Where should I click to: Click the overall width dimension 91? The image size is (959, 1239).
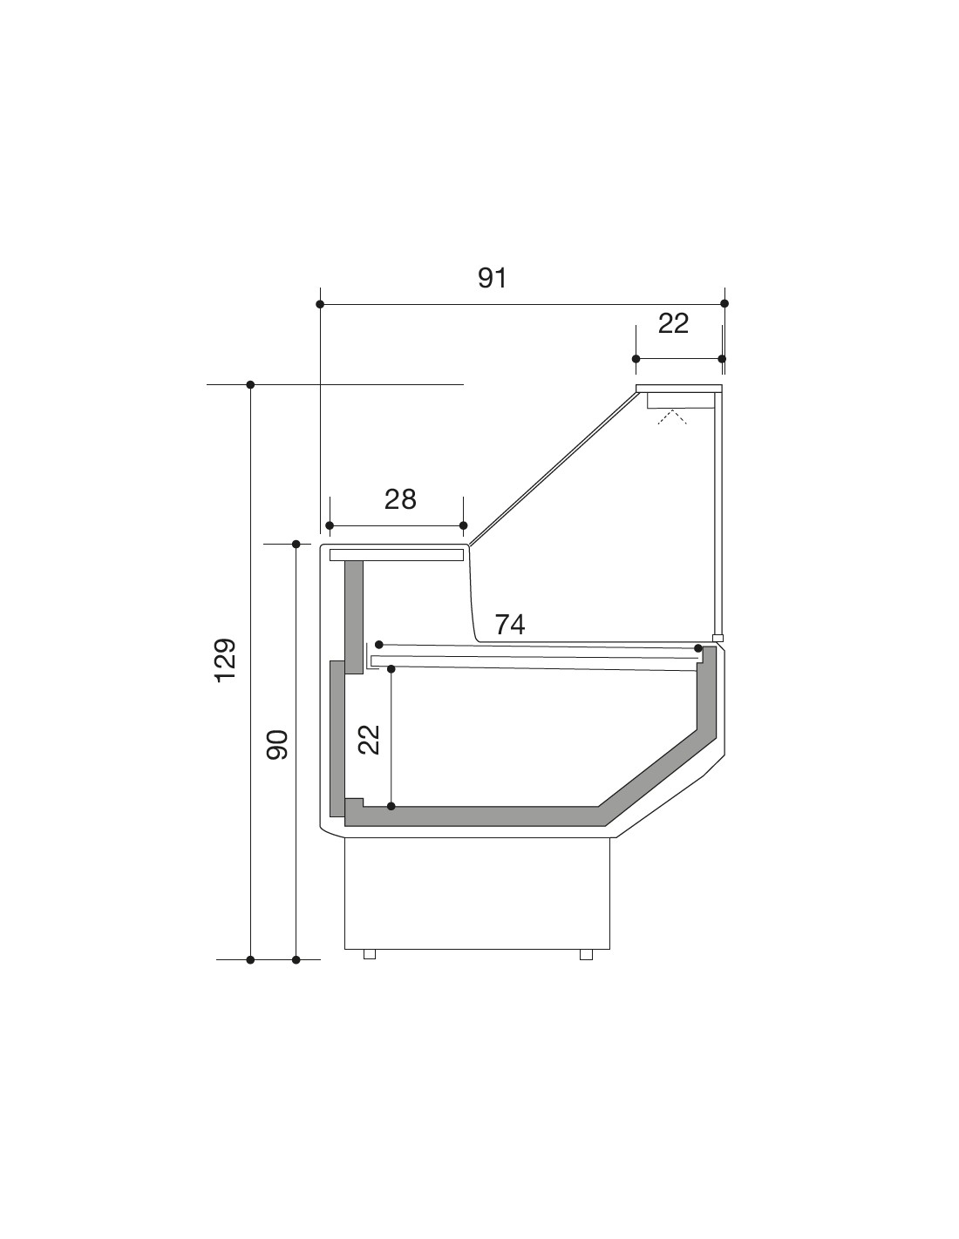point(492,278)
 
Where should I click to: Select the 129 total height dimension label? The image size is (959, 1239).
point(225,660)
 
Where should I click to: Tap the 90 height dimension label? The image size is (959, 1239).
point(277,744)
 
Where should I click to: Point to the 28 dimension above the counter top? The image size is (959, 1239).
point(400,499)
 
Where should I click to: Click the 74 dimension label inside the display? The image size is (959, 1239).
point(509,625)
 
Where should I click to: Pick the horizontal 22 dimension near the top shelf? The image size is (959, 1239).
point(673,324)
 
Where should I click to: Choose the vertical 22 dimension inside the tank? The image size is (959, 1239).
point(369,740)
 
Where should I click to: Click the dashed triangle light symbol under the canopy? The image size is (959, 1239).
point(672,416)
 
